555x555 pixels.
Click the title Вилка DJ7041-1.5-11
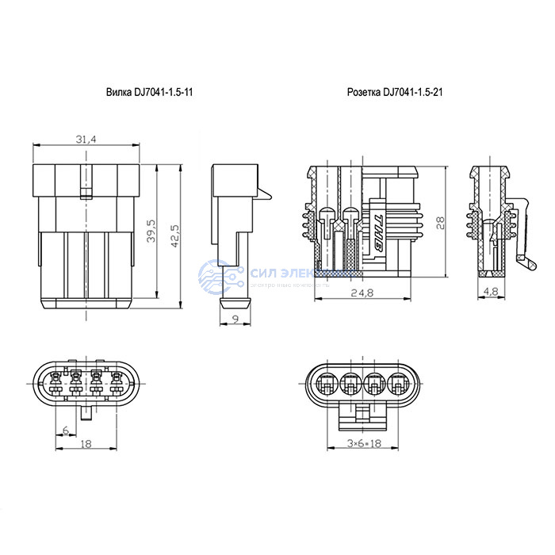150,93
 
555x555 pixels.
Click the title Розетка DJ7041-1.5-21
394,93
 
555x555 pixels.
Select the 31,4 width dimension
86,140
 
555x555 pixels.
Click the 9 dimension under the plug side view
235,320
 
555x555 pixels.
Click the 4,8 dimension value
491,293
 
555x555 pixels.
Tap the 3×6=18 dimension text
365,444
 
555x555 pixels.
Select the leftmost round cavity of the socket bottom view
326,385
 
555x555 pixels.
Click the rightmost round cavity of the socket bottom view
400,385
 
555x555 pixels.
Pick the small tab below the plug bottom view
86,413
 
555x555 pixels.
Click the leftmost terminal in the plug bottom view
55,385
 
